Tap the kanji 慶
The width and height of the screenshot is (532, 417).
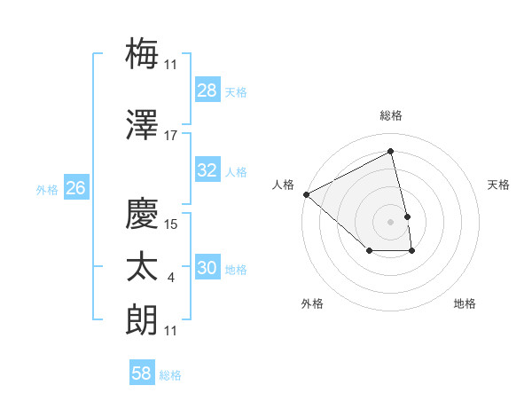click(x=143, y=214)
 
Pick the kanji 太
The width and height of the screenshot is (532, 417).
click(x=143, y=268)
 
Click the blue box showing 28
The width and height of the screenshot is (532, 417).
click(x=207, y=90)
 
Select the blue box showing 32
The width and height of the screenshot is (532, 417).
click(x=207, y=170)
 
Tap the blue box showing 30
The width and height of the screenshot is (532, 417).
click(x=207, y=268)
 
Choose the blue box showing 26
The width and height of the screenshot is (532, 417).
click(x=76, y=188)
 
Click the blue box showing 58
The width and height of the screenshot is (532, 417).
click(x=142, y=374)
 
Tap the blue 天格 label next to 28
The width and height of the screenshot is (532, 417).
click(x=236, y=91)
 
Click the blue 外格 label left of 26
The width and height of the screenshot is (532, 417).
click(x=47, y=189)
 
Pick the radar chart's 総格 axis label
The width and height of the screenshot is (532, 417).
click(x=391, y=115)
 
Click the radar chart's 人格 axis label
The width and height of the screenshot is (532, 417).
click(x=284, y=184)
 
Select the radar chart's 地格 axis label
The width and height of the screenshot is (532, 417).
click(x=465, y=303)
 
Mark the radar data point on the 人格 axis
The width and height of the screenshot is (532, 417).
click(x=306, y=194)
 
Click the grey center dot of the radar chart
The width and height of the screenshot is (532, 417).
click(x=391, y=221)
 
